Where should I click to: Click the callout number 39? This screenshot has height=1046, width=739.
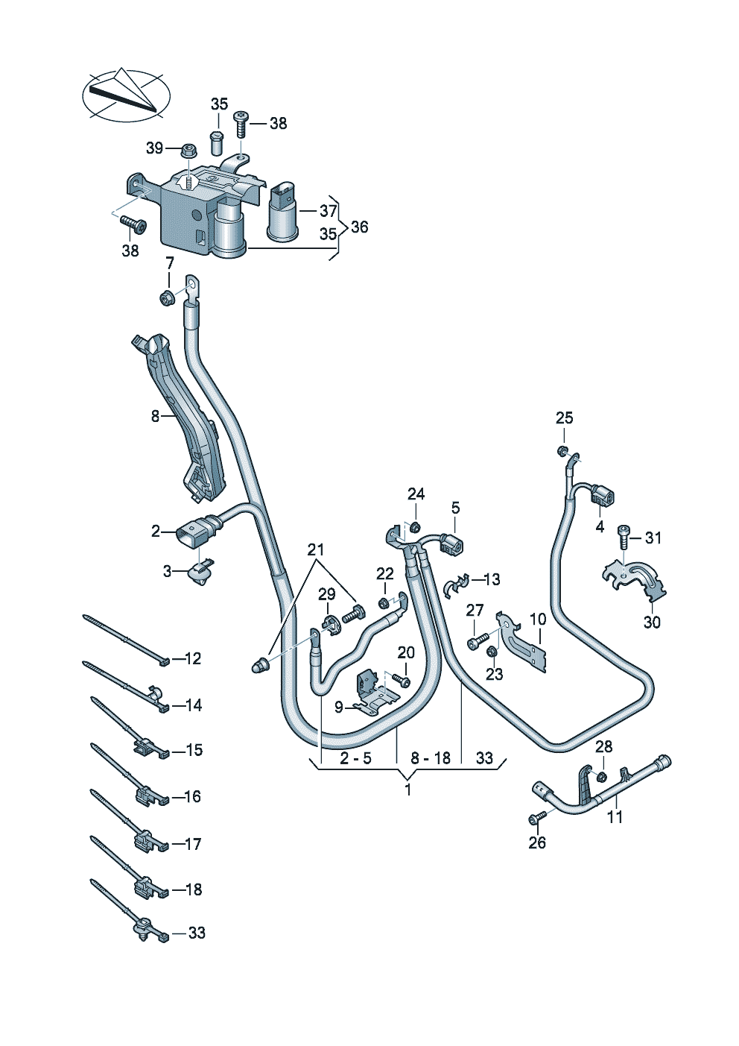(x=154, y=148)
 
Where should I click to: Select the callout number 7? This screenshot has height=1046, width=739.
(x=169, y=263)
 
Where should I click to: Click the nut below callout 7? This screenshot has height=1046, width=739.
(x=167, y=297)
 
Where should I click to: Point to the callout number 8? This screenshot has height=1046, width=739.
(x=156, y=416)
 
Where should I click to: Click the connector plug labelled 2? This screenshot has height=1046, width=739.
(x=191, y=535)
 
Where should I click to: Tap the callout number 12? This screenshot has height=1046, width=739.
(x=193, y=659)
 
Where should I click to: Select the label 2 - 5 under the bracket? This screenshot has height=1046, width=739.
(x=355, y=757)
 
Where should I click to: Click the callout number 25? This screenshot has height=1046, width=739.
(x=564, y=418)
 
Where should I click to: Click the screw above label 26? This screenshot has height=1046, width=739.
(x=538, y=818)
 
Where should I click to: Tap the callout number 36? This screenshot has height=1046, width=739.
(x=359, y=227)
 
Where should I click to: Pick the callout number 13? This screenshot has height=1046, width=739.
(x=492, y=579)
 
